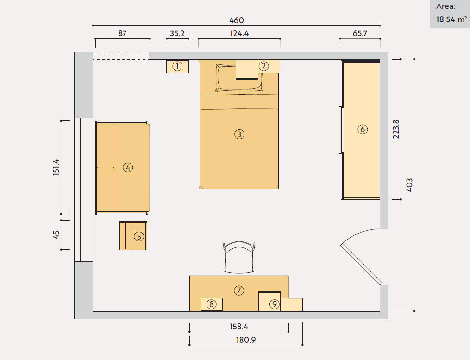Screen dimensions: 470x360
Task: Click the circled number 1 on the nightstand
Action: [177, 66]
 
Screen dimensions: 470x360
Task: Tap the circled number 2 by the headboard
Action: [264, 66]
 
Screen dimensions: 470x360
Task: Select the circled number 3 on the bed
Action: [239, 134]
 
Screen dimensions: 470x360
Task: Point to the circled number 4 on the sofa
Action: [128, 167]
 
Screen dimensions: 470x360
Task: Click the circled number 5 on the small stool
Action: [139, 236]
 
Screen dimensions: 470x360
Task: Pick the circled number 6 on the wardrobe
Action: [363, 129]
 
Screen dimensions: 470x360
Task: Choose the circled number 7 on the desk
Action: [239, 291]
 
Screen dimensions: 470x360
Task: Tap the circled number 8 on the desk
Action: [211, 304]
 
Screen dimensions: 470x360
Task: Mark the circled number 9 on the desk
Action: [274, 304]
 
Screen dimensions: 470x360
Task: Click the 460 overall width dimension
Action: [237, 20]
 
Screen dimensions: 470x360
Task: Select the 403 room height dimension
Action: [409, 185]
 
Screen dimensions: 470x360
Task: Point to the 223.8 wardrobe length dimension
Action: [396, 129]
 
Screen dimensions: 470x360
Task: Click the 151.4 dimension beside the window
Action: [56, 167]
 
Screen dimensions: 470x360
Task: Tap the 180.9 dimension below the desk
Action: [246, 340]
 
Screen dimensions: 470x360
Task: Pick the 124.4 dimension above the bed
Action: [239, 33]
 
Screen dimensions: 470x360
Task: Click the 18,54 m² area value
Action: [451, 19]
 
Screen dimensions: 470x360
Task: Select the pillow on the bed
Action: [239, 77]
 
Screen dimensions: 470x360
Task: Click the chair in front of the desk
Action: [239, 258]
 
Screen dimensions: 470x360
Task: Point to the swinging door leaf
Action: [362, 265]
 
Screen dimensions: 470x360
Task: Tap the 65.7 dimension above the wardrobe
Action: [360, 33]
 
